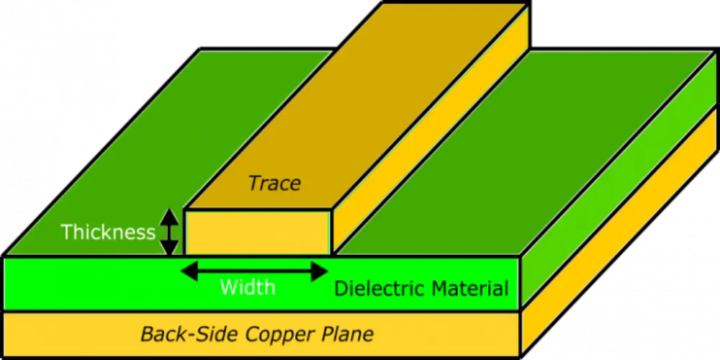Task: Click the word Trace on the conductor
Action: (274, 183)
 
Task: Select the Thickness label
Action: (108, 232)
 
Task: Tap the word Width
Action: (247, 287)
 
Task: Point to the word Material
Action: (468, 289)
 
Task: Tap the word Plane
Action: (347, 334)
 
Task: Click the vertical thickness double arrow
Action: (168, 232)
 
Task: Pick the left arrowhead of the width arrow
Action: (186, 271)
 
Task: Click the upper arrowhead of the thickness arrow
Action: (168, 215)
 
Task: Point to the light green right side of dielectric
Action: (619, 187)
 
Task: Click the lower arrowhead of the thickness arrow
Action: (168, 249)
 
